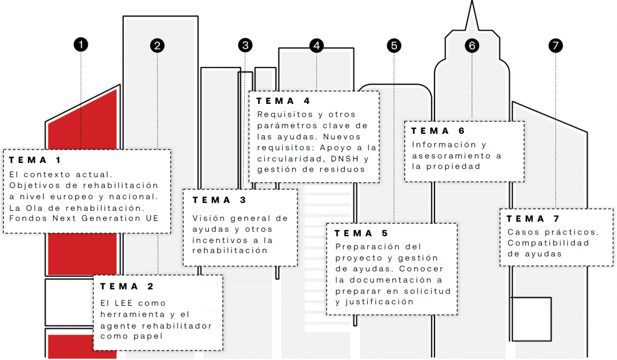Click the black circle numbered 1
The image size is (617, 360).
point(81,45)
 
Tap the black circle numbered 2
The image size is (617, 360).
point(157,45)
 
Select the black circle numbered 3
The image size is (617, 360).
point(245,45)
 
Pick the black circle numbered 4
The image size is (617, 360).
point(317,45)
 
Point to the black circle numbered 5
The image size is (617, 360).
point(394,45)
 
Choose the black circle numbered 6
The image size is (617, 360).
point(472,45)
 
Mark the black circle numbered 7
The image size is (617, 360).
point(556,45)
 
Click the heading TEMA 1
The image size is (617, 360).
point(35,160)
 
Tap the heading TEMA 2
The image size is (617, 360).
point(127,286)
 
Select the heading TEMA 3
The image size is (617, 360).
point(219,200)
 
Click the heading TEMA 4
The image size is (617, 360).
point(283,101)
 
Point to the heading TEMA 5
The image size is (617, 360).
point(361,233)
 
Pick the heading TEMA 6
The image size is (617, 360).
point(438,131)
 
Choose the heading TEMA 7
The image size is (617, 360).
point(533,219)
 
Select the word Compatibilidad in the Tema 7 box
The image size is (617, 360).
point(548,243)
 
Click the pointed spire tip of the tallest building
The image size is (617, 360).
point(472,1)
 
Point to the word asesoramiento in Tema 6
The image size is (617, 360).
point(451,156)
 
